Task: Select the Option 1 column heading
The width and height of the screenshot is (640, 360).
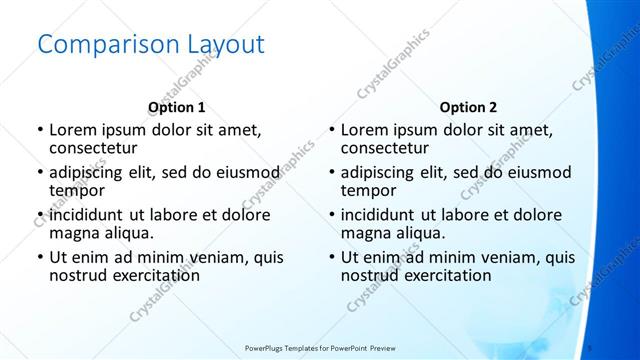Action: click(177, 107)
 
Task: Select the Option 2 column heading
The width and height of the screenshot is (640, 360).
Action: click(468, 107)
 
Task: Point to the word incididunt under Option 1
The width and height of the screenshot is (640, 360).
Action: click(87, 216)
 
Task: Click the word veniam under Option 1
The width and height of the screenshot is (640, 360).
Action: click(225, 258)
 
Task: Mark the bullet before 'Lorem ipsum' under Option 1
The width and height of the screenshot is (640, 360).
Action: click(39, 131)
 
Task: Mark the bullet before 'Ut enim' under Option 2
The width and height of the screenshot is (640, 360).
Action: click(331, 258)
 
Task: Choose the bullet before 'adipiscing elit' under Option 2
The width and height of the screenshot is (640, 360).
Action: click(331, 173)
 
